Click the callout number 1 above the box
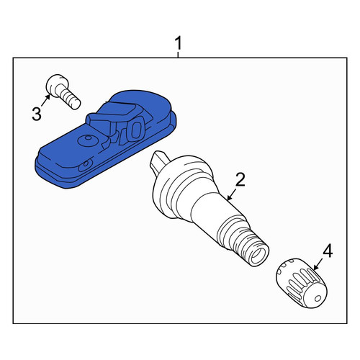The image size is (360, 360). tap(179, 43)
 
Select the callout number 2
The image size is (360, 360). tap(240, 180)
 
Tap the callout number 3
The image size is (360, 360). tap(37, 114)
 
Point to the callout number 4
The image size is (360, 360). tap(328, 251)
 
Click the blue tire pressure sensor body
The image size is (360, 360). tap(106, 139)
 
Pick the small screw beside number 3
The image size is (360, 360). tap(63, 91)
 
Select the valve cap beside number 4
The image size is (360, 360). tap(302, 283)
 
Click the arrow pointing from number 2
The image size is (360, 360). tap(232, 194)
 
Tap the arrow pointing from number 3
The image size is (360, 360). tap(46, 100)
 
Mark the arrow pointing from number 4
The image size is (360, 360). tap(319, 264)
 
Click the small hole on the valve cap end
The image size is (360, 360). tap(318, 298)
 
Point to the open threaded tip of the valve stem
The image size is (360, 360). tap(258, 257)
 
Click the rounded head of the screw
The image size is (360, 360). tap(57, 85)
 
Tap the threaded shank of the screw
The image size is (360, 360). tap(69, 99)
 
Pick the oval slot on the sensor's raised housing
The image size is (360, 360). tap(136, 130)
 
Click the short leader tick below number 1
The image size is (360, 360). tap(178, 55)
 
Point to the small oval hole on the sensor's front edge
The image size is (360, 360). tap(86, 166)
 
